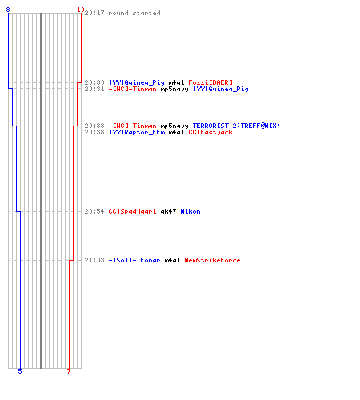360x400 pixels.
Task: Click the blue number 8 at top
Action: point(8,10)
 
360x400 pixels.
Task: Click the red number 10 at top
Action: point(81,10)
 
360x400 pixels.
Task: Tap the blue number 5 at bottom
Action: point(20,371)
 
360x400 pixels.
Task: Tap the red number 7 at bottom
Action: point(69,371)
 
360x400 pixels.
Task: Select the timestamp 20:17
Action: point(94,13)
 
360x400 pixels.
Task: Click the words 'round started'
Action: point(134,13)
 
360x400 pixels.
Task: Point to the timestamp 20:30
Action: point(94,82)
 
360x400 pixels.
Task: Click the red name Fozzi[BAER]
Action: point(210,82)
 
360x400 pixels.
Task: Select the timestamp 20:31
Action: point(94,89)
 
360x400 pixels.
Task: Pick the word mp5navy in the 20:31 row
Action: point(174,90)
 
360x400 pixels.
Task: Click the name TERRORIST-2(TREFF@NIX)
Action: point(236,126)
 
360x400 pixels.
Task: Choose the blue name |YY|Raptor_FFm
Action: point(138,132)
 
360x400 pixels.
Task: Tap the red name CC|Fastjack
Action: point(210,132)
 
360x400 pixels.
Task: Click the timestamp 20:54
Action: point(94,211)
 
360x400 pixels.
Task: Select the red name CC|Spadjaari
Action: point(132,211)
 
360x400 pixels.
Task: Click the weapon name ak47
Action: point(168,211)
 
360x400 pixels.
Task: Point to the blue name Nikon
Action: point(190,211)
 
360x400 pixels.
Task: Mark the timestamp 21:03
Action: point(94,260)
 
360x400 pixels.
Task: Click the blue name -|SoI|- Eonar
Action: point(134,260)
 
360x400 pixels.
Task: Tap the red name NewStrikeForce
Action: point(212,260)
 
